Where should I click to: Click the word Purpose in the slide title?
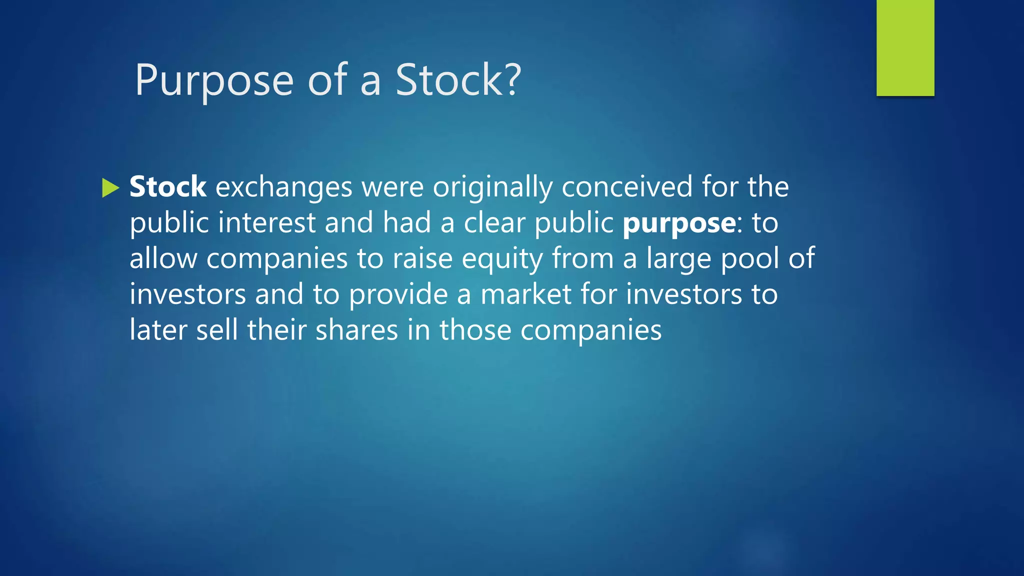(x=214, y=81)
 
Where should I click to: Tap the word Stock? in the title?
(x=458, y=80)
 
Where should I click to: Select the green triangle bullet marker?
(x=110, y=188)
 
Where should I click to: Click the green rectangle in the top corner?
(x=905, y=47)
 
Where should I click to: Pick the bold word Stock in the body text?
(x=168, y=187)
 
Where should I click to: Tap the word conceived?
(x=627, y=187)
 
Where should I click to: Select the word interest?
(x=266, y=222)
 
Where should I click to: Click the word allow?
(x=163, y=259)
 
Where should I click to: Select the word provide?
(x=398, y=295)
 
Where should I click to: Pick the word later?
(x=158, y=330)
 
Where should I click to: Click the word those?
(x=475, y=330)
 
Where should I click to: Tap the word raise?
(x=422, y=259)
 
